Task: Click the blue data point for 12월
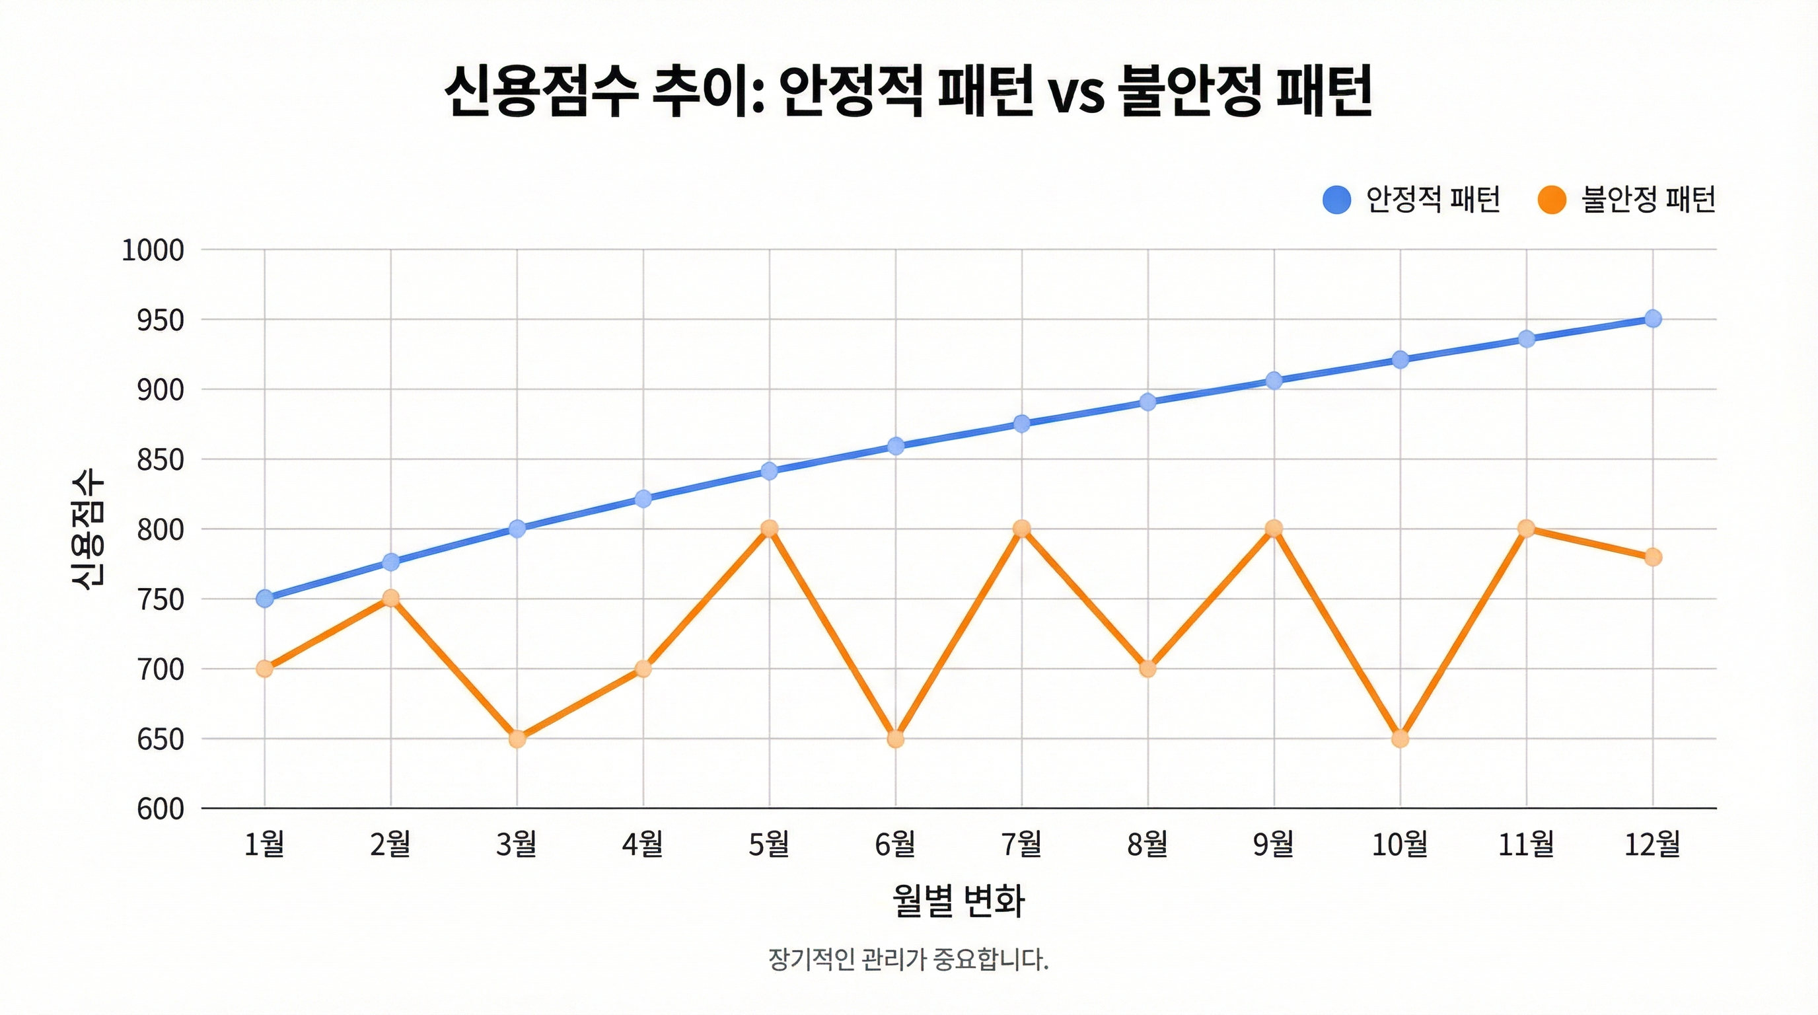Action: [x=1652, y=319]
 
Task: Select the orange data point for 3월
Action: [x=517, y=739]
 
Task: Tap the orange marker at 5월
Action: [x=769, y=528]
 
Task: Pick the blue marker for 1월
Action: [x=265, y=599]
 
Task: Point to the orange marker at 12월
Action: [x=1652, y=557]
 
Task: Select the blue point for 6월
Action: [x=896, y=445]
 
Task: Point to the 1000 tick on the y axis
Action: [x=153, y=250]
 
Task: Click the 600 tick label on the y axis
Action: [x=161, y=809]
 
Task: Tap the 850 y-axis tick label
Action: [x=161, y=459]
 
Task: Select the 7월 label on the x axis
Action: [x=1021, y=843]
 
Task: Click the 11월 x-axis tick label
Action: [x=1526, y=843]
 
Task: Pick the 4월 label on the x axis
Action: [x=642, y=843]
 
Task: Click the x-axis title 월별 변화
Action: [x=958, y=900]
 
